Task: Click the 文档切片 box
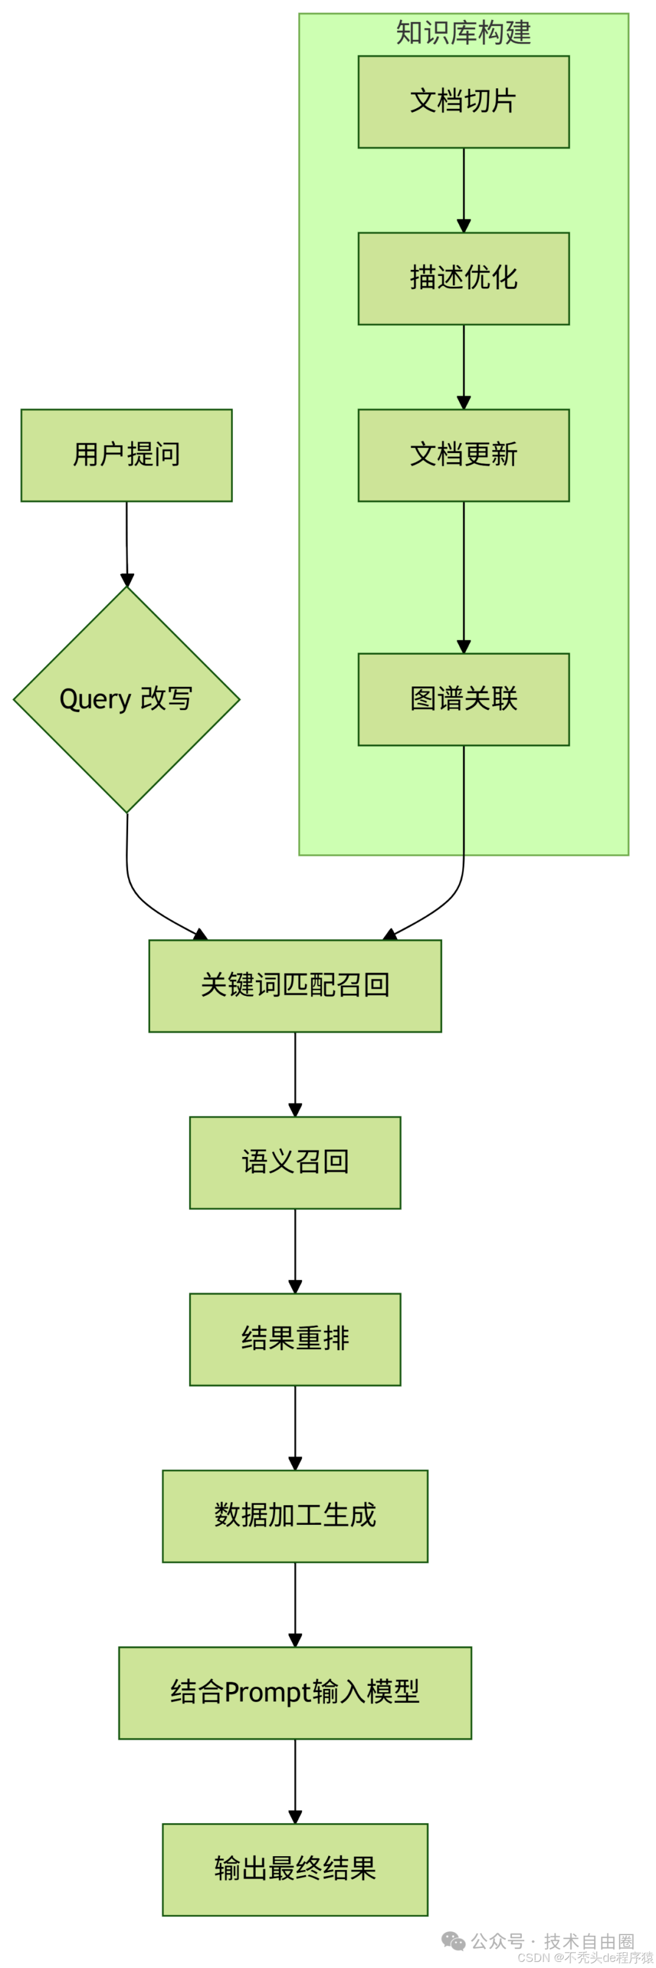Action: [463, 102]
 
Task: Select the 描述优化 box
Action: [463, 278]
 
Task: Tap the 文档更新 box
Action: [463, 455]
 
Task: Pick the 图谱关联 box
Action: [463, 699]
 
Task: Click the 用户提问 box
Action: [126, 455]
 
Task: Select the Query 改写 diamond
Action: [126, 699]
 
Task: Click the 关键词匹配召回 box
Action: [295, 985]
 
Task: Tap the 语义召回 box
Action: [295, 1161]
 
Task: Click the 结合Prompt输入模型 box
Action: [295, 1691]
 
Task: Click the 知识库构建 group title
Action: [463, 33]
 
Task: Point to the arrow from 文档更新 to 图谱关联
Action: [463, 577]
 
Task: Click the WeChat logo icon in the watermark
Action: [453, 1941]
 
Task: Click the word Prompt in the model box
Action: [267, 1692]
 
